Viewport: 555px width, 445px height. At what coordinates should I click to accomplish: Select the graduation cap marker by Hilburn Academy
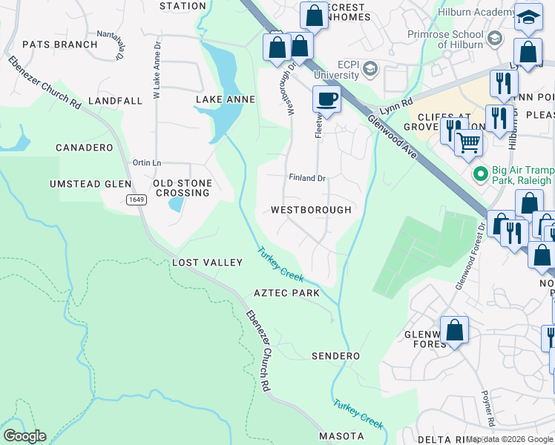click(528, 19)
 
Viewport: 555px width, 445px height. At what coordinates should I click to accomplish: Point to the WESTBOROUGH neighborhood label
click(311, 210)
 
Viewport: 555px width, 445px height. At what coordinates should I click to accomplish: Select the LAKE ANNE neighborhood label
click(225, 99)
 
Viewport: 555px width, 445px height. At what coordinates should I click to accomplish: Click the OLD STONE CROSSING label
click(182, 188)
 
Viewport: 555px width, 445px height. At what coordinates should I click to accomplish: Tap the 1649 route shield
click(136, 200)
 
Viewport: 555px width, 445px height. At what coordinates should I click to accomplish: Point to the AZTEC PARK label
click(286, 293)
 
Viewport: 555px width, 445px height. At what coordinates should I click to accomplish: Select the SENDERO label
click(335, 356)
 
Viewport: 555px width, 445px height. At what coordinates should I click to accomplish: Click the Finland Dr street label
click(307, 178)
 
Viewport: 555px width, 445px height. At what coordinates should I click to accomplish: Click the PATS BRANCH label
click(59, 44)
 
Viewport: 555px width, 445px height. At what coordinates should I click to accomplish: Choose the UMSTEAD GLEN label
click(91, 184)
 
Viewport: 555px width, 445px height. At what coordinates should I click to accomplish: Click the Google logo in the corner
click(24, 436)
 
